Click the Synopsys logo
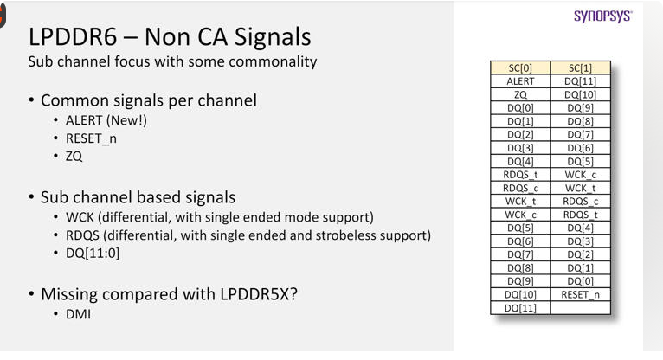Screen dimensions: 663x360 pos(603,16)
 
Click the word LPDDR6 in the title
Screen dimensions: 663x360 pos(73,36)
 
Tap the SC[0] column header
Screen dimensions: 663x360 pos(520,68)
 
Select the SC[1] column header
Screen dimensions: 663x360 pos(581,68)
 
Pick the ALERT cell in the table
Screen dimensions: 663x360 pos(520,81)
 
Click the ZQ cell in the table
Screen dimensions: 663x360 pos(520,94)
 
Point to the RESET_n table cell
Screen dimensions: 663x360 pos(581,294)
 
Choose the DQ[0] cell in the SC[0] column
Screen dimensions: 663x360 pos(520,108)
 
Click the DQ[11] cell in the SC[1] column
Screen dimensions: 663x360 pos(581,81)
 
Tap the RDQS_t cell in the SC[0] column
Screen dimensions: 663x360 pos(520,175)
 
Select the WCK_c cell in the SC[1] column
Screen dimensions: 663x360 pos(581,175)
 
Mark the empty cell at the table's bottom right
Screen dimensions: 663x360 pos(581,307)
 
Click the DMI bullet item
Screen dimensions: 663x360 pos(78,314)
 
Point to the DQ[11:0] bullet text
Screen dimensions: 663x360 pos(93,253)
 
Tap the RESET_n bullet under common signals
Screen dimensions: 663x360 pos(91,138)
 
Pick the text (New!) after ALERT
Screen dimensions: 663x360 pos(126,120)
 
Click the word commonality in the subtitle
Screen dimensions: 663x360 pos(273,61)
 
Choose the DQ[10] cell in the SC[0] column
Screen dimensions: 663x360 pos(520,294)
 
